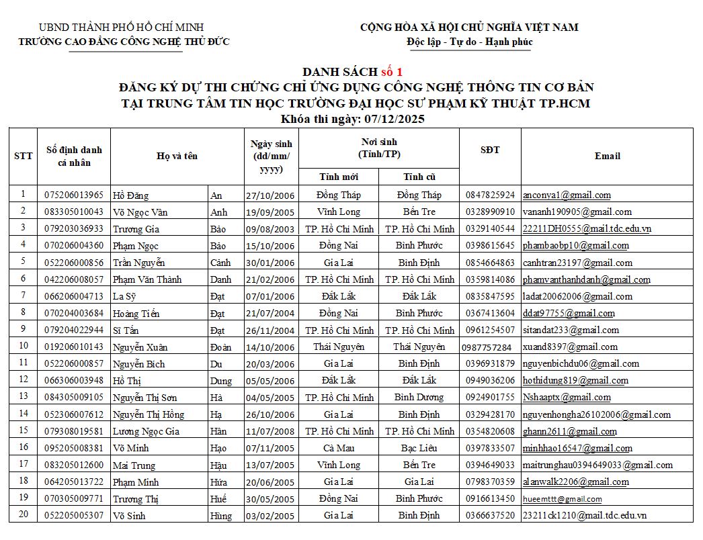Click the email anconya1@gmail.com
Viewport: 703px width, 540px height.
tap(567, 195)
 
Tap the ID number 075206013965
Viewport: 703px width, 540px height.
tap(74, 195)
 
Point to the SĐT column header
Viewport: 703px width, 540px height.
tap(490, 150)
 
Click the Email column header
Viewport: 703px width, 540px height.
tap(607, 156)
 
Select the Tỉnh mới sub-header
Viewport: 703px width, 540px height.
tap(339, 177)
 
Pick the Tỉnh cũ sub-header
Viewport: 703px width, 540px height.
tap(419, 177)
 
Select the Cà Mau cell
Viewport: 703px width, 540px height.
tap(339, 448)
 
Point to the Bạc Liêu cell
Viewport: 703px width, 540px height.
tap(419, 448)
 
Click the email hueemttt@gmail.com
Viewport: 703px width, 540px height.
tap(562, 499)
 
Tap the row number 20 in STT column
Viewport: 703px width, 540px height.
tap(24, 515)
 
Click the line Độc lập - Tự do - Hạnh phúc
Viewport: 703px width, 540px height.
tap(469, 42)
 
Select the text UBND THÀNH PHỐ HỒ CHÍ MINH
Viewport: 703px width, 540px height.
tap(121, 28)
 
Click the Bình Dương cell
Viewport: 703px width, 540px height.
tap(419, 397)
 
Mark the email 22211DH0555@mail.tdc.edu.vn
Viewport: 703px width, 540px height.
tap(587, 229)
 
